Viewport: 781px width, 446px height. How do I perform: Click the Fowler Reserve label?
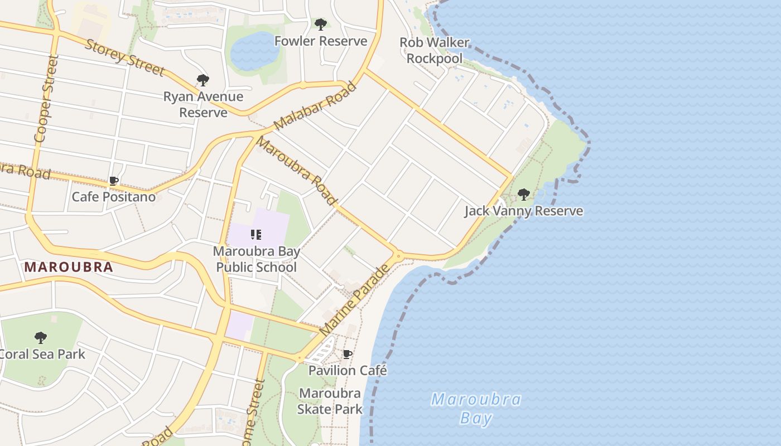320,41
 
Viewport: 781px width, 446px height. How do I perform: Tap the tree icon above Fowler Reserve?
320,25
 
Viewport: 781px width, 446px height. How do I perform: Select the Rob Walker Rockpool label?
435,50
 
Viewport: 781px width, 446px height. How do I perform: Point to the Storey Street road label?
124,57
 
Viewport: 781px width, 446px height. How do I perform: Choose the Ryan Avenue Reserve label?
203,104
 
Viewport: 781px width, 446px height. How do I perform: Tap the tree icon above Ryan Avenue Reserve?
203,80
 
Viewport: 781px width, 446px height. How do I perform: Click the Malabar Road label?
315,106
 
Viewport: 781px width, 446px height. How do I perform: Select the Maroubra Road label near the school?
297,170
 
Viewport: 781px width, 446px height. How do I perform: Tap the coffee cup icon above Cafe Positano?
114,181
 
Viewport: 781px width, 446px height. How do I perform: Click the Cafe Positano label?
114,197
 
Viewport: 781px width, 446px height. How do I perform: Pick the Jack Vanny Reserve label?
524,211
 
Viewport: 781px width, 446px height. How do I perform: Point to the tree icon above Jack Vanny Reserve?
523,195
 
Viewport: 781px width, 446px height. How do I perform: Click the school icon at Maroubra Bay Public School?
256,235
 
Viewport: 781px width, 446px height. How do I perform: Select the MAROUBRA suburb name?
69,267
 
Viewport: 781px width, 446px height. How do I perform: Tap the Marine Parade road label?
355,302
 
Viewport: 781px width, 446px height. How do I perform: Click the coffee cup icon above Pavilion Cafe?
348,354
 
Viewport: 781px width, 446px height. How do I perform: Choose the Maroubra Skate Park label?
330,401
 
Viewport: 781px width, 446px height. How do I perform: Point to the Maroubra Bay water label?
476,409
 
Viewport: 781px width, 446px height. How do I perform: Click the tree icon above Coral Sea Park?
40,337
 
